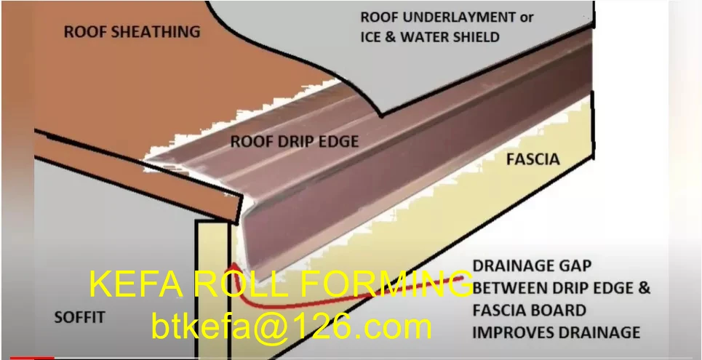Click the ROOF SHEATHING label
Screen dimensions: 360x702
[x=132, y=32]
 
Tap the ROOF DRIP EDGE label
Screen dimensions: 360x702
[x=295, y=141]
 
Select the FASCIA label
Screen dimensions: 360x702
[x=533, y=159]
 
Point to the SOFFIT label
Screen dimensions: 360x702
[x=79, y=317]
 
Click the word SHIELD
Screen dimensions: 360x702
[x=474, y=36]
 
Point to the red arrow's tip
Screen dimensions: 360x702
[x=230, y=265]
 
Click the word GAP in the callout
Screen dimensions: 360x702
[x=572, y=266]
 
